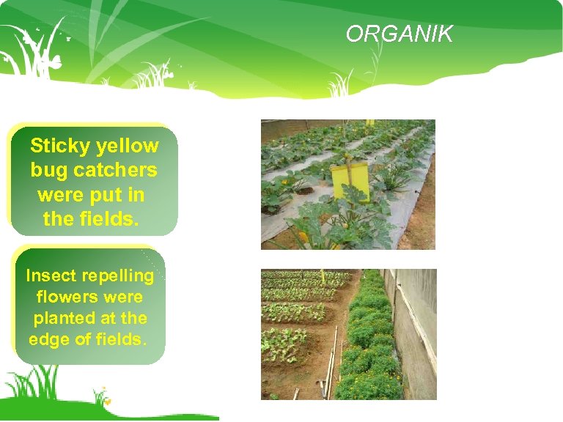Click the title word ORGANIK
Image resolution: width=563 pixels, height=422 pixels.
400,34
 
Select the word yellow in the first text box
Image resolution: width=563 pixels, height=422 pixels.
127,146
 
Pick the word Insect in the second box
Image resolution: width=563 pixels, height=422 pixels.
51,275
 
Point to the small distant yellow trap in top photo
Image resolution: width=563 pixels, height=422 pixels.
369,122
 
